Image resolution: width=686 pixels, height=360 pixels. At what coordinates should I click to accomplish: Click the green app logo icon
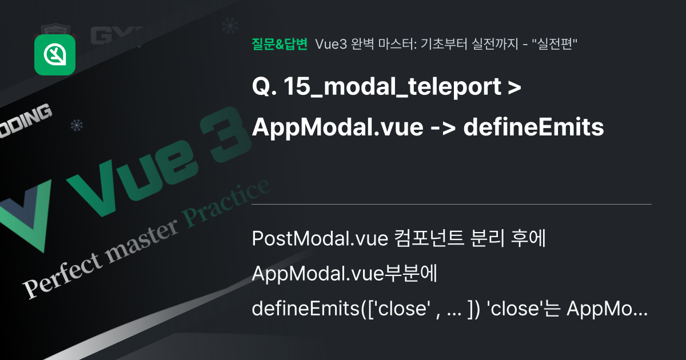coord(55,54)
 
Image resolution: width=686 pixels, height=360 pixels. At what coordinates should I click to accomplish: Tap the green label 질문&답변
coord(280,44)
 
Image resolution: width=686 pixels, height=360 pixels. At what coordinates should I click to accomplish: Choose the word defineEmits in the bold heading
coord(533,128)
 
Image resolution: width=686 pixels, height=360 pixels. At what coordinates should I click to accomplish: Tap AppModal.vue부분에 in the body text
coord(344,275)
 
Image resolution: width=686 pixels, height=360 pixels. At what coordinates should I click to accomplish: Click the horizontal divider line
coord(452,204)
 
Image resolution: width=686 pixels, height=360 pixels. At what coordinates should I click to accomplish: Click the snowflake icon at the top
coord(229,26)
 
